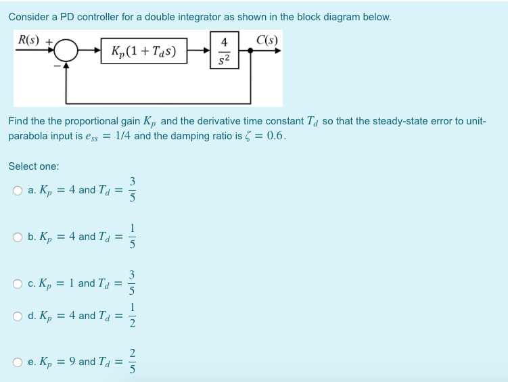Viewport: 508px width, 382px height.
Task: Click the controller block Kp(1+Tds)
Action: pos(142,51)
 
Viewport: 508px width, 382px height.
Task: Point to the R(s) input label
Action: pos(28,38)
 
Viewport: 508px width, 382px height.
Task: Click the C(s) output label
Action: pos(264,38)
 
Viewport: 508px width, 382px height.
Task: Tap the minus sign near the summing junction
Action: pos(57,66)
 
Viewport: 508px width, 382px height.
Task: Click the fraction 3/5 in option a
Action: pos(133,190)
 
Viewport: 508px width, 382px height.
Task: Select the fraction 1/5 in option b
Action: pos(133,237)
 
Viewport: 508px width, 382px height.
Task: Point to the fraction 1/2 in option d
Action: pos(133,316)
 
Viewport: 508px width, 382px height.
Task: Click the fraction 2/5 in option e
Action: pos(133,362)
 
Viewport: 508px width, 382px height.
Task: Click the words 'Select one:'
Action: pos(33,166)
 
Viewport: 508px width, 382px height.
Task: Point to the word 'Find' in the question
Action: pos(18,122)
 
